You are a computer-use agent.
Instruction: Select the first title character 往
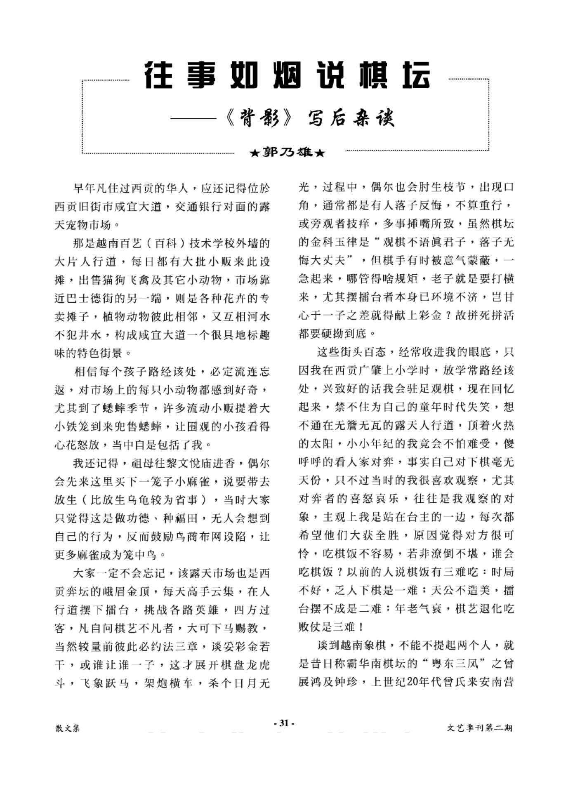pyautogui.click(x=159, y=76)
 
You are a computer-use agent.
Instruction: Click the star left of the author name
pyautogui.click(x=255, y=153)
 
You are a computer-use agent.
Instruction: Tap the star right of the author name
pyautogui.click(x=320, y=153)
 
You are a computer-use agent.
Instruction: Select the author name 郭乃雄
pyautogui.click(x=287, y=153)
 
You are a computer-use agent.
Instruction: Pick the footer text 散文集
pyautogui.click(x=68, y=728)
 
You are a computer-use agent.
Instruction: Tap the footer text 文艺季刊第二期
pyautogui.click(x=479, y=728)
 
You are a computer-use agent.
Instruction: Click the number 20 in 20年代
pyautogui.click(x=412, y=682)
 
